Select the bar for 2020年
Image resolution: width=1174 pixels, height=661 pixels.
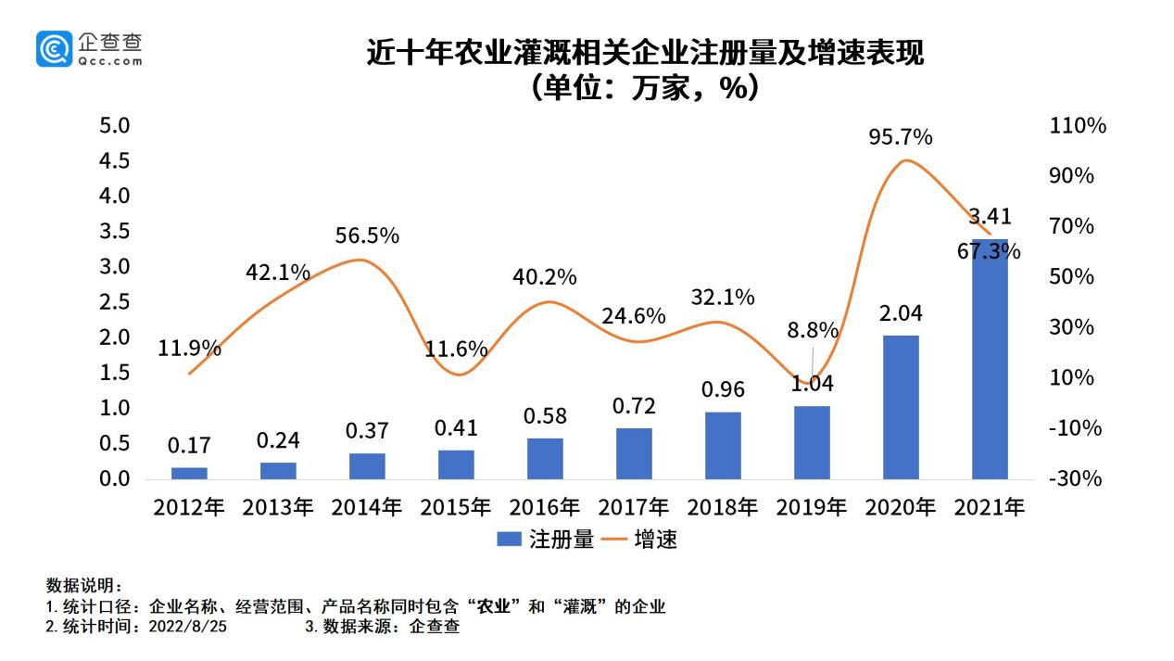[x=901, y=407]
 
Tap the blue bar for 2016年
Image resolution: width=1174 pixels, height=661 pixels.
[x=545, y=458]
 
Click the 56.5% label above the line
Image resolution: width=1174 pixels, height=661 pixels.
[x=367, y=235]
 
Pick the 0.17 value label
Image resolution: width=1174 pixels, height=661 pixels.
[x=188, y=446]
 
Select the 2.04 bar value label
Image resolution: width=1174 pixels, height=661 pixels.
[x=900, y=312]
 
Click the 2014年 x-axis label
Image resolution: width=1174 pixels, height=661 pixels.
[x=367, y=508]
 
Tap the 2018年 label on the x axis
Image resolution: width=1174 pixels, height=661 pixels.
[x=723, y=508]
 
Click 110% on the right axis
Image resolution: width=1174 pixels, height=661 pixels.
[x=1078, y=126]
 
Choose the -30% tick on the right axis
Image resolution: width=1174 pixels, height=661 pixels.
[x=1075, y=479]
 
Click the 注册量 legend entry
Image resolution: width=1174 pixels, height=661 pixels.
[x=546, y=540]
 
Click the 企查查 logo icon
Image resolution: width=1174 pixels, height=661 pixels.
[x=54, y=48]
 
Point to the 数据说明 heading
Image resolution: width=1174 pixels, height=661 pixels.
[x=83, y=586]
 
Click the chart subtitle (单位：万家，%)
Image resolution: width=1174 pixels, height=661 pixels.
[x=645, y=88]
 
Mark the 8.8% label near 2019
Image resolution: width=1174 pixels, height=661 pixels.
[x=813, y=330]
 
